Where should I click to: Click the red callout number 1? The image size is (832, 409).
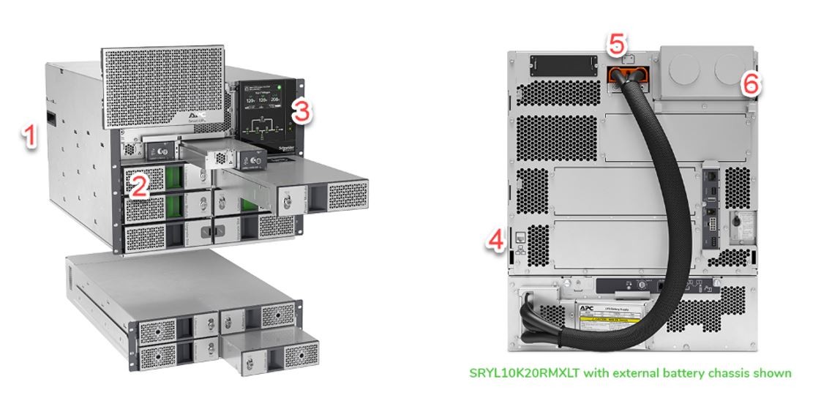(29, 137)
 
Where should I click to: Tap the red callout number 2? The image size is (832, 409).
(140, 185)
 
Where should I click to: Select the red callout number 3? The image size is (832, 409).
(301, 112)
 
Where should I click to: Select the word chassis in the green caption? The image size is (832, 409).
(722, 373)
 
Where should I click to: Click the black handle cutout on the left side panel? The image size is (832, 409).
(51, 117)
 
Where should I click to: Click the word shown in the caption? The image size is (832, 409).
(772, 373)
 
